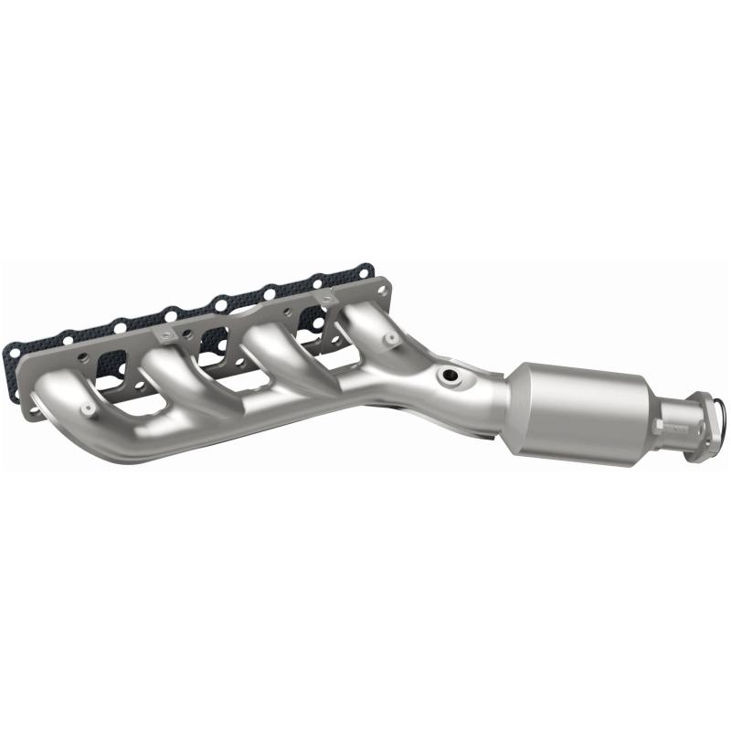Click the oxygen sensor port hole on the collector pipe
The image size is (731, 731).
[x=448, y=376]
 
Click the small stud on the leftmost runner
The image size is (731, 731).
[x=87, y=408]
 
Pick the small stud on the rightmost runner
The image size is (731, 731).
[x=391, y=339]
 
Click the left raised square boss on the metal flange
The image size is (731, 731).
[x=164, y=336]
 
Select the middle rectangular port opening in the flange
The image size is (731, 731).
[x=212, y=341]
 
